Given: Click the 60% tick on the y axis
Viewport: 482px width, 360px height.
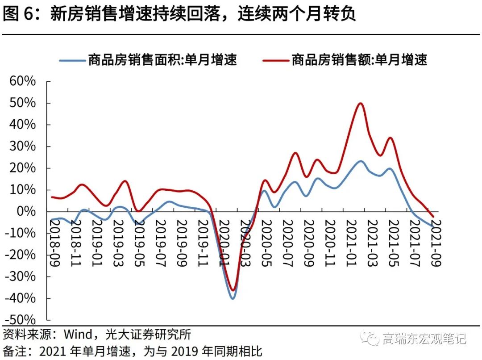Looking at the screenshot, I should point(23,81).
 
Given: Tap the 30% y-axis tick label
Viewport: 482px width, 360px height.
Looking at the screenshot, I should point(23,147).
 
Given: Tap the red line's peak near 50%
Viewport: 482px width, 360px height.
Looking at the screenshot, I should point(360,103).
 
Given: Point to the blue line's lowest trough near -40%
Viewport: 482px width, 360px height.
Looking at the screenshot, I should point(233,298).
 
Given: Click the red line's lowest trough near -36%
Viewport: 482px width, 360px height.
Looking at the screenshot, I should point(232,290).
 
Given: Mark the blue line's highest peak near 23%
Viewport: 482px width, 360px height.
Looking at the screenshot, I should point(360,161).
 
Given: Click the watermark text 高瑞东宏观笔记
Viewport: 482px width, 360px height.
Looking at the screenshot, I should point(424,339).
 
